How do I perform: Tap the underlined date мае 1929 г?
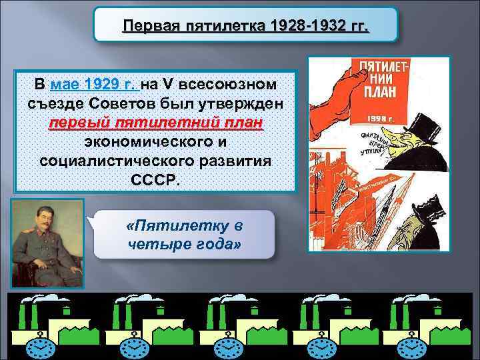click(x=94, y=86)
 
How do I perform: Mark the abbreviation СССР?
click(x=152, y=181)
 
